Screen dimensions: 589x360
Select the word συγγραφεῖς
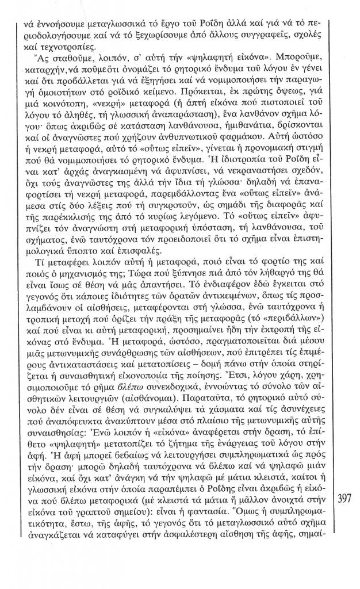[x=240, y=36]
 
